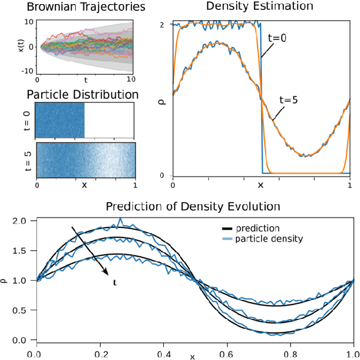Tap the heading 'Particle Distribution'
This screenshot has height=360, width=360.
[83, 94]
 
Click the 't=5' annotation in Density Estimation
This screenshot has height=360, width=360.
[288, 99]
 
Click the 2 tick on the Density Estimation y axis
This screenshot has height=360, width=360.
[162, 24]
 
